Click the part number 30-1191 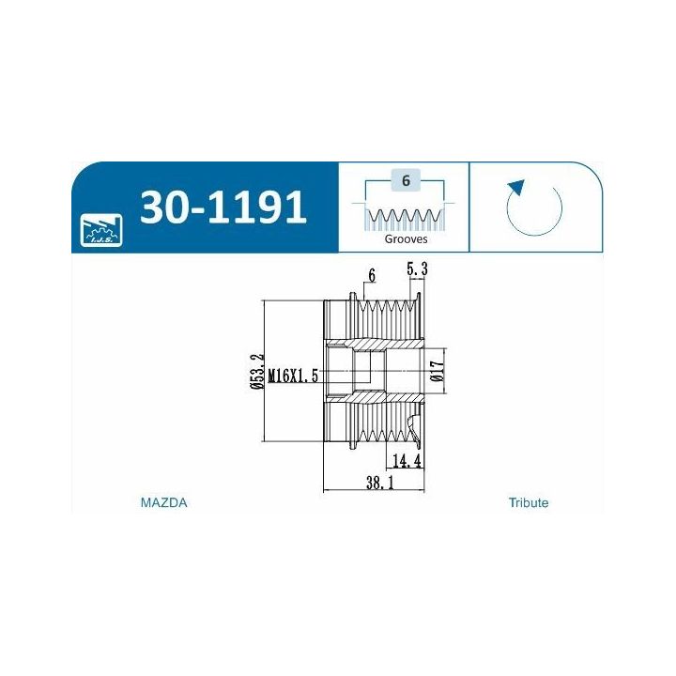coord(223,207)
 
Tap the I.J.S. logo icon coord(101,230)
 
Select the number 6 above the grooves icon coord(406,180)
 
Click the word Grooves coord(406,238)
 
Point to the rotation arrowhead coord(516,189)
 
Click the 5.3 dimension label coord(417,269)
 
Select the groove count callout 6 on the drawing coord(372,275)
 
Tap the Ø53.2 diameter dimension coord(257,371)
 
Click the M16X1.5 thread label coord(293,376)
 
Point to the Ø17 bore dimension coord(437,371)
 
